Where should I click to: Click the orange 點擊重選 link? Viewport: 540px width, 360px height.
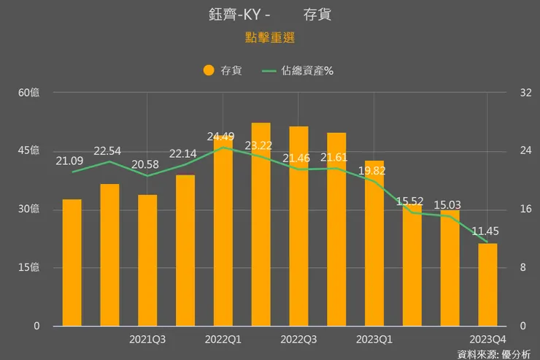pos(269,37)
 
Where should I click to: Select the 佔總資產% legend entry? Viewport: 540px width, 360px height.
pos(298,71)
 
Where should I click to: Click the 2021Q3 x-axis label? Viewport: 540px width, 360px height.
pos(147,340)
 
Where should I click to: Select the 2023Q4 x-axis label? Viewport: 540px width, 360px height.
pos(487,340)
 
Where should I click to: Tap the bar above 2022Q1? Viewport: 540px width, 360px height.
pos(223,234)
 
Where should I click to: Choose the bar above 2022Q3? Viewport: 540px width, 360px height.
pos(298,226)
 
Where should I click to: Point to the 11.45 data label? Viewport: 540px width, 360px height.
pos(485,231)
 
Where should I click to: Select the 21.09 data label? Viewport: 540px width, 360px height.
pos(69,161)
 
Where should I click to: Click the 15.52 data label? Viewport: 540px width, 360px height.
pos(411,201)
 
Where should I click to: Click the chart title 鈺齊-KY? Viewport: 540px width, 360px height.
pos(234,15)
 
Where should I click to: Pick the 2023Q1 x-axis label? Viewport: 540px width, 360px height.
pos(374,340)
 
